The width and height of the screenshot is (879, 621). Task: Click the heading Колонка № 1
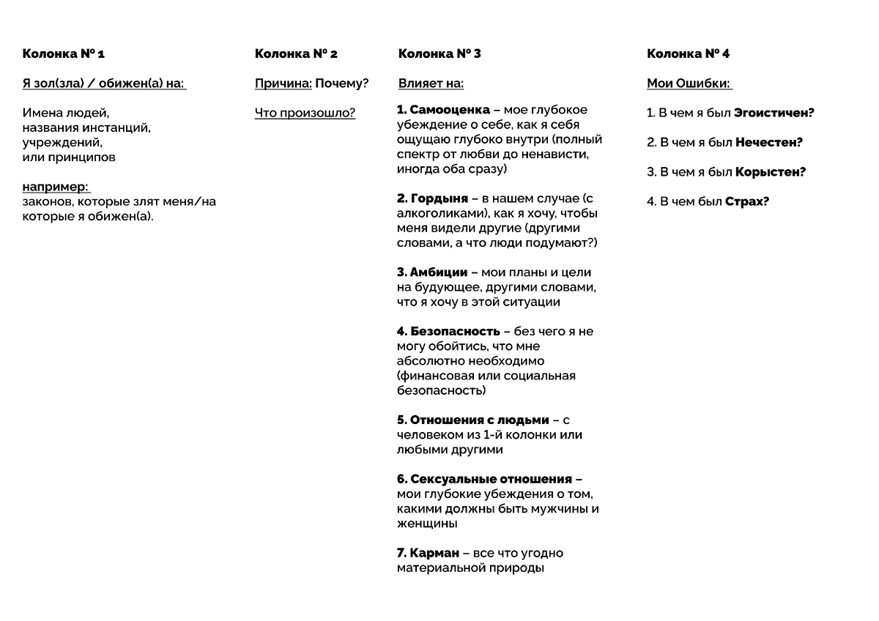(x=64, y=53)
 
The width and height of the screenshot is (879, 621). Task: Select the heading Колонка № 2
(x=296, y=53)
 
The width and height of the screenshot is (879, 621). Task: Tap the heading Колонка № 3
(x=439, y=53)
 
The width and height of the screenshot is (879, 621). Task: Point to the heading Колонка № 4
(x=688, y=53)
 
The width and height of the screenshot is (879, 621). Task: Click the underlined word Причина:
(x=283, y=83)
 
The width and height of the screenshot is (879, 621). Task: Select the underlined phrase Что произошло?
(x=305, y=113)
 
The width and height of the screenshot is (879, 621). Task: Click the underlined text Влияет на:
(x=431, y=83)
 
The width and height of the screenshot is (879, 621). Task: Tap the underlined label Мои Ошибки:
(x=689, y=83)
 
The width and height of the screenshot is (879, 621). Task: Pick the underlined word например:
(x=56, y=187)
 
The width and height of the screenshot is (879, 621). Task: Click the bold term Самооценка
(x=450, y=110)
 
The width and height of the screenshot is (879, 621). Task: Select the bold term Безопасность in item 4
(x=455, y=332)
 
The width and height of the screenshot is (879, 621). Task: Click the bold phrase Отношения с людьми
(x=479, y=420)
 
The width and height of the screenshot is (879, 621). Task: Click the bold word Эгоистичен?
(x=774, y=113)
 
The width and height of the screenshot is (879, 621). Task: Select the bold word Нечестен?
(x=769, y=143)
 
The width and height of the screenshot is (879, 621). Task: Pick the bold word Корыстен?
(x=771, y=172)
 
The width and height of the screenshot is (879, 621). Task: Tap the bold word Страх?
(x=747, y=201)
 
